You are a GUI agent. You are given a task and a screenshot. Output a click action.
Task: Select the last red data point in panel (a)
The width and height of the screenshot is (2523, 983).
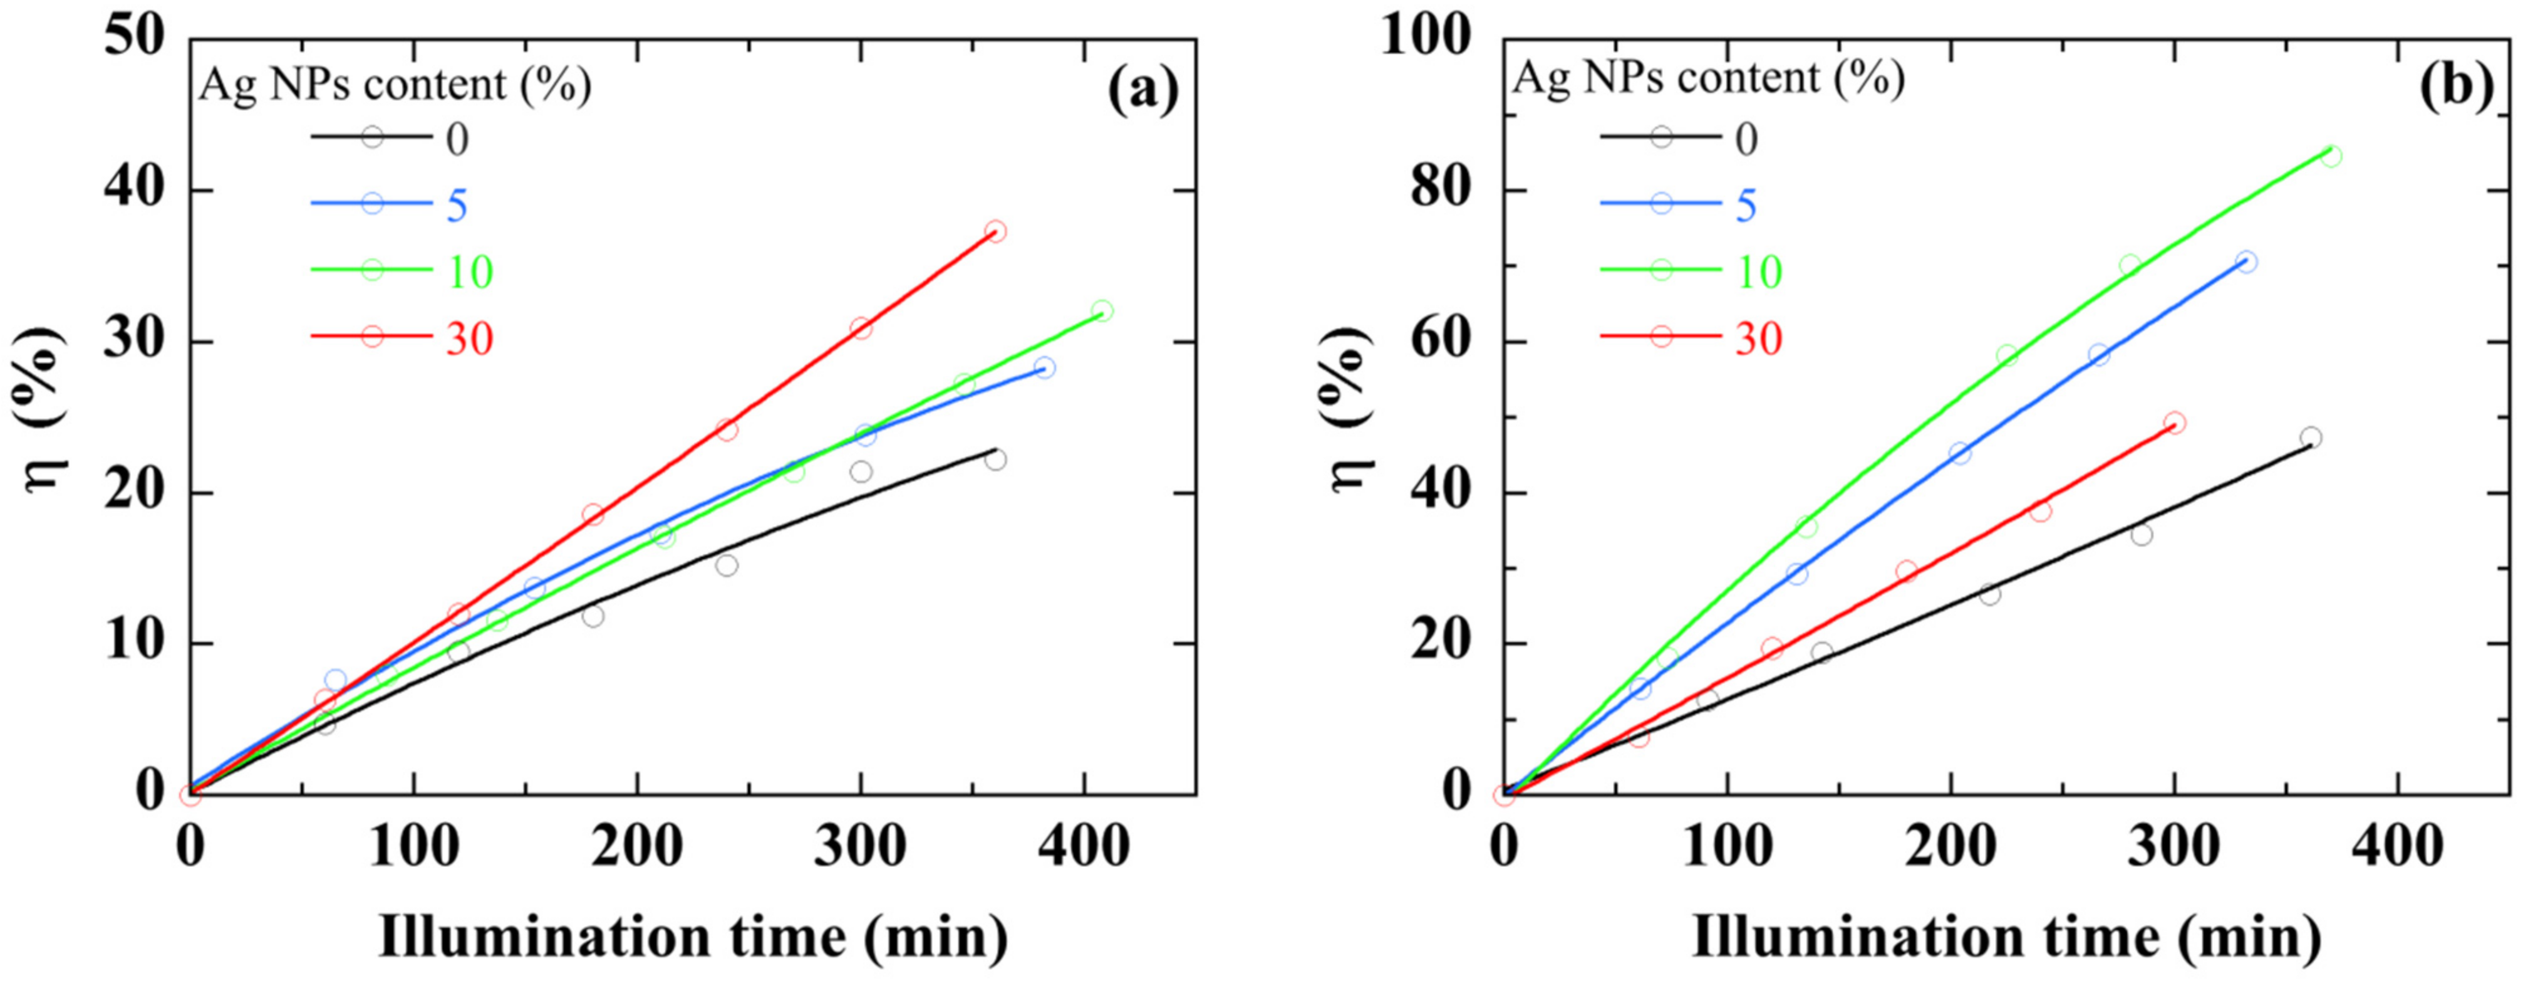click(995, 231)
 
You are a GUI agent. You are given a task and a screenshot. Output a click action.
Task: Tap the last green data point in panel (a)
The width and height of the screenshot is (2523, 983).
click(1102, 312)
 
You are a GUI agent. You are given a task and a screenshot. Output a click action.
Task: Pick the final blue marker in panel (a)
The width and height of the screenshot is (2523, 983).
click(1044, 367)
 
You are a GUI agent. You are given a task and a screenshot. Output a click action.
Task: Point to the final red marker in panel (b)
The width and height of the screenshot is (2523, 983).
click(2174, 423)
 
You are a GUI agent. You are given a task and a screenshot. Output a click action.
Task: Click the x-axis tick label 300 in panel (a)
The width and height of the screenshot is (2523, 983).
click(860, 846)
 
